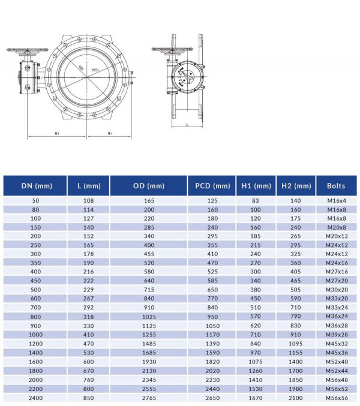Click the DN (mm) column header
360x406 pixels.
[x=35, y=186]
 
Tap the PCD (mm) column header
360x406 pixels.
[x=212, y=186]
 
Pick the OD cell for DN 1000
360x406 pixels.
[x=149, y=335]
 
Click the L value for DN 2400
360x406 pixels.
[x=88, y=398]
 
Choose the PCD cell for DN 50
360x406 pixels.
[x=212, y=200]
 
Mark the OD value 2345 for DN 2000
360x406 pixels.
[x=149, y=380]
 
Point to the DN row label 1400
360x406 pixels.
[x=35, y=353]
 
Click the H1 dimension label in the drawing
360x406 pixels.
[x=109, y=133]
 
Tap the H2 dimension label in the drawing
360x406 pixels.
[x=56, y=133]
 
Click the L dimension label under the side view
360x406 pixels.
[x=188, y=125]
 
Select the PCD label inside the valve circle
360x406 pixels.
[x=95, y=71]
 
